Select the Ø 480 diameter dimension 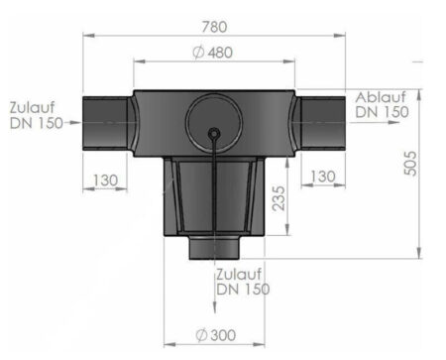click(x=214, y=52)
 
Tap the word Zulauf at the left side click(x=32, y=107)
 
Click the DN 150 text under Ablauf click(x=383, y=112)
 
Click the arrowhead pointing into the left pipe click(x=77, y=125)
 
